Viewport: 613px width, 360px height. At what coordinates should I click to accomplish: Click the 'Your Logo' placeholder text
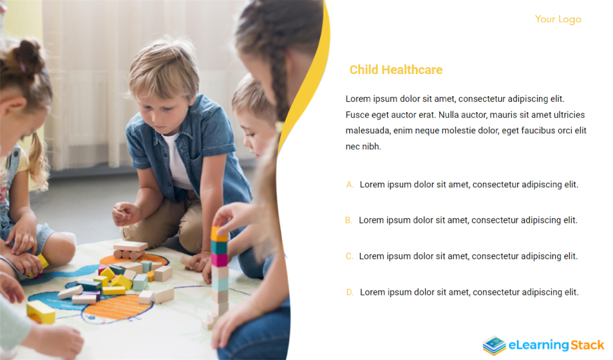click(x=558, y=19)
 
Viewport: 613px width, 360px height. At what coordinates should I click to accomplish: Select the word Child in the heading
click(x=364, y=69)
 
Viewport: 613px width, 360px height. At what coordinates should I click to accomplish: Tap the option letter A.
click(x=350, y=184)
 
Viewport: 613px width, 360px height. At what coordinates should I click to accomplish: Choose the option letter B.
click(x=348, y=220)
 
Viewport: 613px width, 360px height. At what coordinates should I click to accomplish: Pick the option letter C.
click(x=349, y=256)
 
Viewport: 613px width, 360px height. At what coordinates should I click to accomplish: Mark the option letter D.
click(x=350, y=292)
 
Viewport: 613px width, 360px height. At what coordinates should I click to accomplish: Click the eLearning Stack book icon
click(x=494, y=345)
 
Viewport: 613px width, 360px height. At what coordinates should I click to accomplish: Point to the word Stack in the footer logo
click(x=587, y=345)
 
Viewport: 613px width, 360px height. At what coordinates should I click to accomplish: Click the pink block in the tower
click(x=219, y=260)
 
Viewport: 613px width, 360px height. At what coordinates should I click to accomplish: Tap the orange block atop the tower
click(x=219, y=234)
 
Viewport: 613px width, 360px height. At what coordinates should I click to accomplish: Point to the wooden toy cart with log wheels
click(x=130, y=250)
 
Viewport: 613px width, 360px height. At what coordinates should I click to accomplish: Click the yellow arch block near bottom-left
click(x=41, y=312)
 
